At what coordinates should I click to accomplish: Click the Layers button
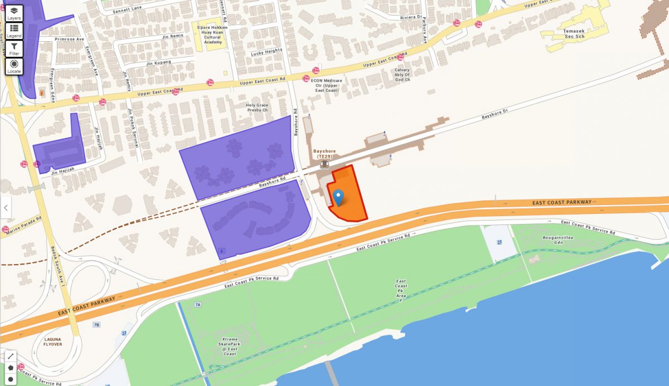(14, 13)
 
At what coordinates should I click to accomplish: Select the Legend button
(14, 31)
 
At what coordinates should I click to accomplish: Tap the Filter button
(14, 49)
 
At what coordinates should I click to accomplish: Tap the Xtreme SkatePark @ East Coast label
(230, 346)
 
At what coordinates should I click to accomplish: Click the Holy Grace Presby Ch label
(257, 108)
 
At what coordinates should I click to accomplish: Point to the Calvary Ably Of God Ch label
(402, 75)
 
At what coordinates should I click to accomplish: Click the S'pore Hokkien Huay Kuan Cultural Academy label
(212, 35)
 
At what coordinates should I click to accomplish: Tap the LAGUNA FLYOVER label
(52, 341)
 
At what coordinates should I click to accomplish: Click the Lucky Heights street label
(266, 52)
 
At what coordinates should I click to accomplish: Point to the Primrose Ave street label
(69, 40)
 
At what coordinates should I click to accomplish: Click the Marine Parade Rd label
(23, 225)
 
